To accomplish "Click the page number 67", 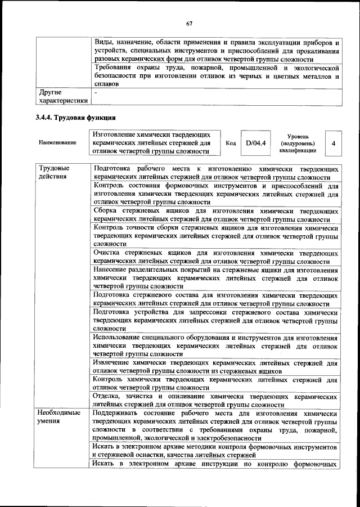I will click(190, 23).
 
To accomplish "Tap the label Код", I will click(230, 143).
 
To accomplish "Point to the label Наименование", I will click(57, 143).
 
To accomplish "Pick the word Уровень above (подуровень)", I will click(297, 136).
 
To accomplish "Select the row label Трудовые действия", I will click(53, 172).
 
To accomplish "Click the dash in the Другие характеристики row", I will click(96, 91).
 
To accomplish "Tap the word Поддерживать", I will click(120, 414).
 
